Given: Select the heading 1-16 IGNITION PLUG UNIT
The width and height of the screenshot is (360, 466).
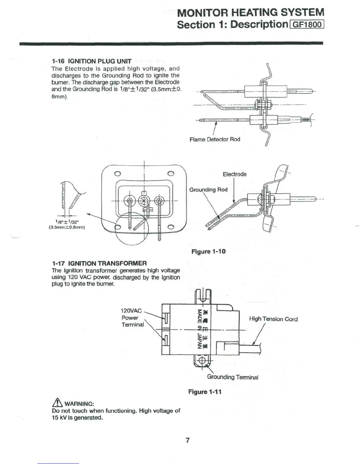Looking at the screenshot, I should [x=91, y=61].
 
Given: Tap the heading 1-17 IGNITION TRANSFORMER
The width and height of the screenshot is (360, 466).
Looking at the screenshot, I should [x=99, y=263].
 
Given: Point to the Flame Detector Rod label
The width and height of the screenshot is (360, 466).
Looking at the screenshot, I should [x=215, y=139].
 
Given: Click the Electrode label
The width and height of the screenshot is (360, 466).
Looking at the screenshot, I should [x=234, y=174].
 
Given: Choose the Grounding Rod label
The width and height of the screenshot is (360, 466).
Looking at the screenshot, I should [x=208, y=190].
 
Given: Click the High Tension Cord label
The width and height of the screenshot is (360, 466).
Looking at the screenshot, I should [x=273, y=319].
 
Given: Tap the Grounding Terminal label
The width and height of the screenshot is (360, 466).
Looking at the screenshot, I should [x=232, y=377].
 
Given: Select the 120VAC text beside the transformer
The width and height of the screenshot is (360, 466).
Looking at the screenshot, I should [x=131, y=311].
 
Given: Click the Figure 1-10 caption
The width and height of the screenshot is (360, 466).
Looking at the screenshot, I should [x=208, y=252].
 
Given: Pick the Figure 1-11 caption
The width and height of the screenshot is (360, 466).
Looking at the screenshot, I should [x=205, y=392].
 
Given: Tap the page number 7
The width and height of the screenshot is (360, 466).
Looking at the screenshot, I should [x=188, y=440].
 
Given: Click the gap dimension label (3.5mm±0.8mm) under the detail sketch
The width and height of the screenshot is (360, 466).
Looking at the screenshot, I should [x=67, y=227].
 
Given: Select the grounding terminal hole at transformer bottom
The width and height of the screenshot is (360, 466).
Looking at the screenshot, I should [x=202, y=361].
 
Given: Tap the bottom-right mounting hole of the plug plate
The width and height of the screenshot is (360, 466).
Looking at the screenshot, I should [x=171, y=227].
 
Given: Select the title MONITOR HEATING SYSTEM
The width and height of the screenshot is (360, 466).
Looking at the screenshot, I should [x=251, y=12].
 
